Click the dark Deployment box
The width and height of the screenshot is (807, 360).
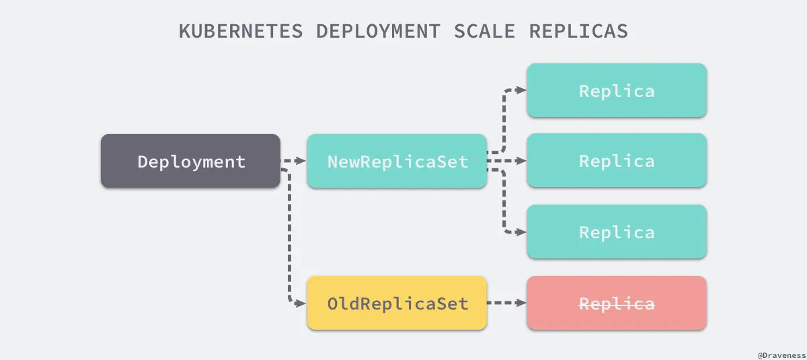190,161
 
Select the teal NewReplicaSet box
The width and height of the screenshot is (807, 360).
397,161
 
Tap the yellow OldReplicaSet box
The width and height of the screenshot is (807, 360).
397,303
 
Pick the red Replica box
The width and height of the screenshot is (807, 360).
617,303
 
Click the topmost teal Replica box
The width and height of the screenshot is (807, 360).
617,90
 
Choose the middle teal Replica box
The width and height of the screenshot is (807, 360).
617,161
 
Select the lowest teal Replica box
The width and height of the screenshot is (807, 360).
617,232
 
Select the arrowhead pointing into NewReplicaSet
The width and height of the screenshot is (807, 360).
301,161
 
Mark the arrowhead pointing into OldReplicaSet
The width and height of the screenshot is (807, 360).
301,303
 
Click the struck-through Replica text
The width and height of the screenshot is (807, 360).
617,303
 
